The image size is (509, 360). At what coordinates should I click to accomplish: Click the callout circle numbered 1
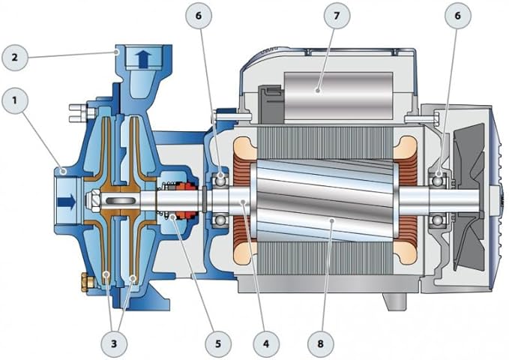[x=15, y=100]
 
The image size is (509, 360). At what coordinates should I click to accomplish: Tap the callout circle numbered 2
[x=15, y=58]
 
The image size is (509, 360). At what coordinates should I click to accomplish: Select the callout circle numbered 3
[x=114, y=343]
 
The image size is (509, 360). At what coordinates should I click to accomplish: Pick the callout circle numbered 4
[x=266, y=343]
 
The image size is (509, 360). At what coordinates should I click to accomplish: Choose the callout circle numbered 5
[x=218, y=343]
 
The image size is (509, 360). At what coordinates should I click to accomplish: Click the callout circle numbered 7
[x=337, y=16]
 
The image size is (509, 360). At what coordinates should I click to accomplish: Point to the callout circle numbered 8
[x=321, y=343]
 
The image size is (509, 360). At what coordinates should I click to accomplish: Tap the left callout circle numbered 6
[x=199, y=16]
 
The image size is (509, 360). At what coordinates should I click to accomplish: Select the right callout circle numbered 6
[x=458, y=16]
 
